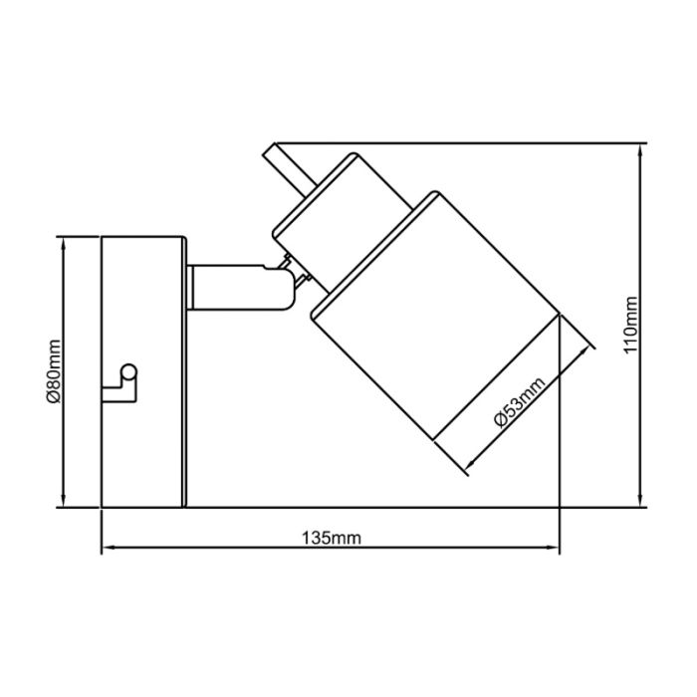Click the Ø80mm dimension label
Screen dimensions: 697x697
[x=54, y=371]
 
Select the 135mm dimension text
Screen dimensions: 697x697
[x=332, y=539]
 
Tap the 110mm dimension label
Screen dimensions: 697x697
[x=630, y=325]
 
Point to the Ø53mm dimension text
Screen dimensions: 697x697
[x=519, y=401]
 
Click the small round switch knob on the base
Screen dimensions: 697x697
[x=129, y=372]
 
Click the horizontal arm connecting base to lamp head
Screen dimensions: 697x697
[x=240, y=287]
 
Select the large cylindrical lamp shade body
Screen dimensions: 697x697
[x=434, y=316]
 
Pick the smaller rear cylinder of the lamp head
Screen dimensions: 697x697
[x=343, y=222]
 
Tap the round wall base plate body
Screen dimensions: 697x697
[x=142, y=371]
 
